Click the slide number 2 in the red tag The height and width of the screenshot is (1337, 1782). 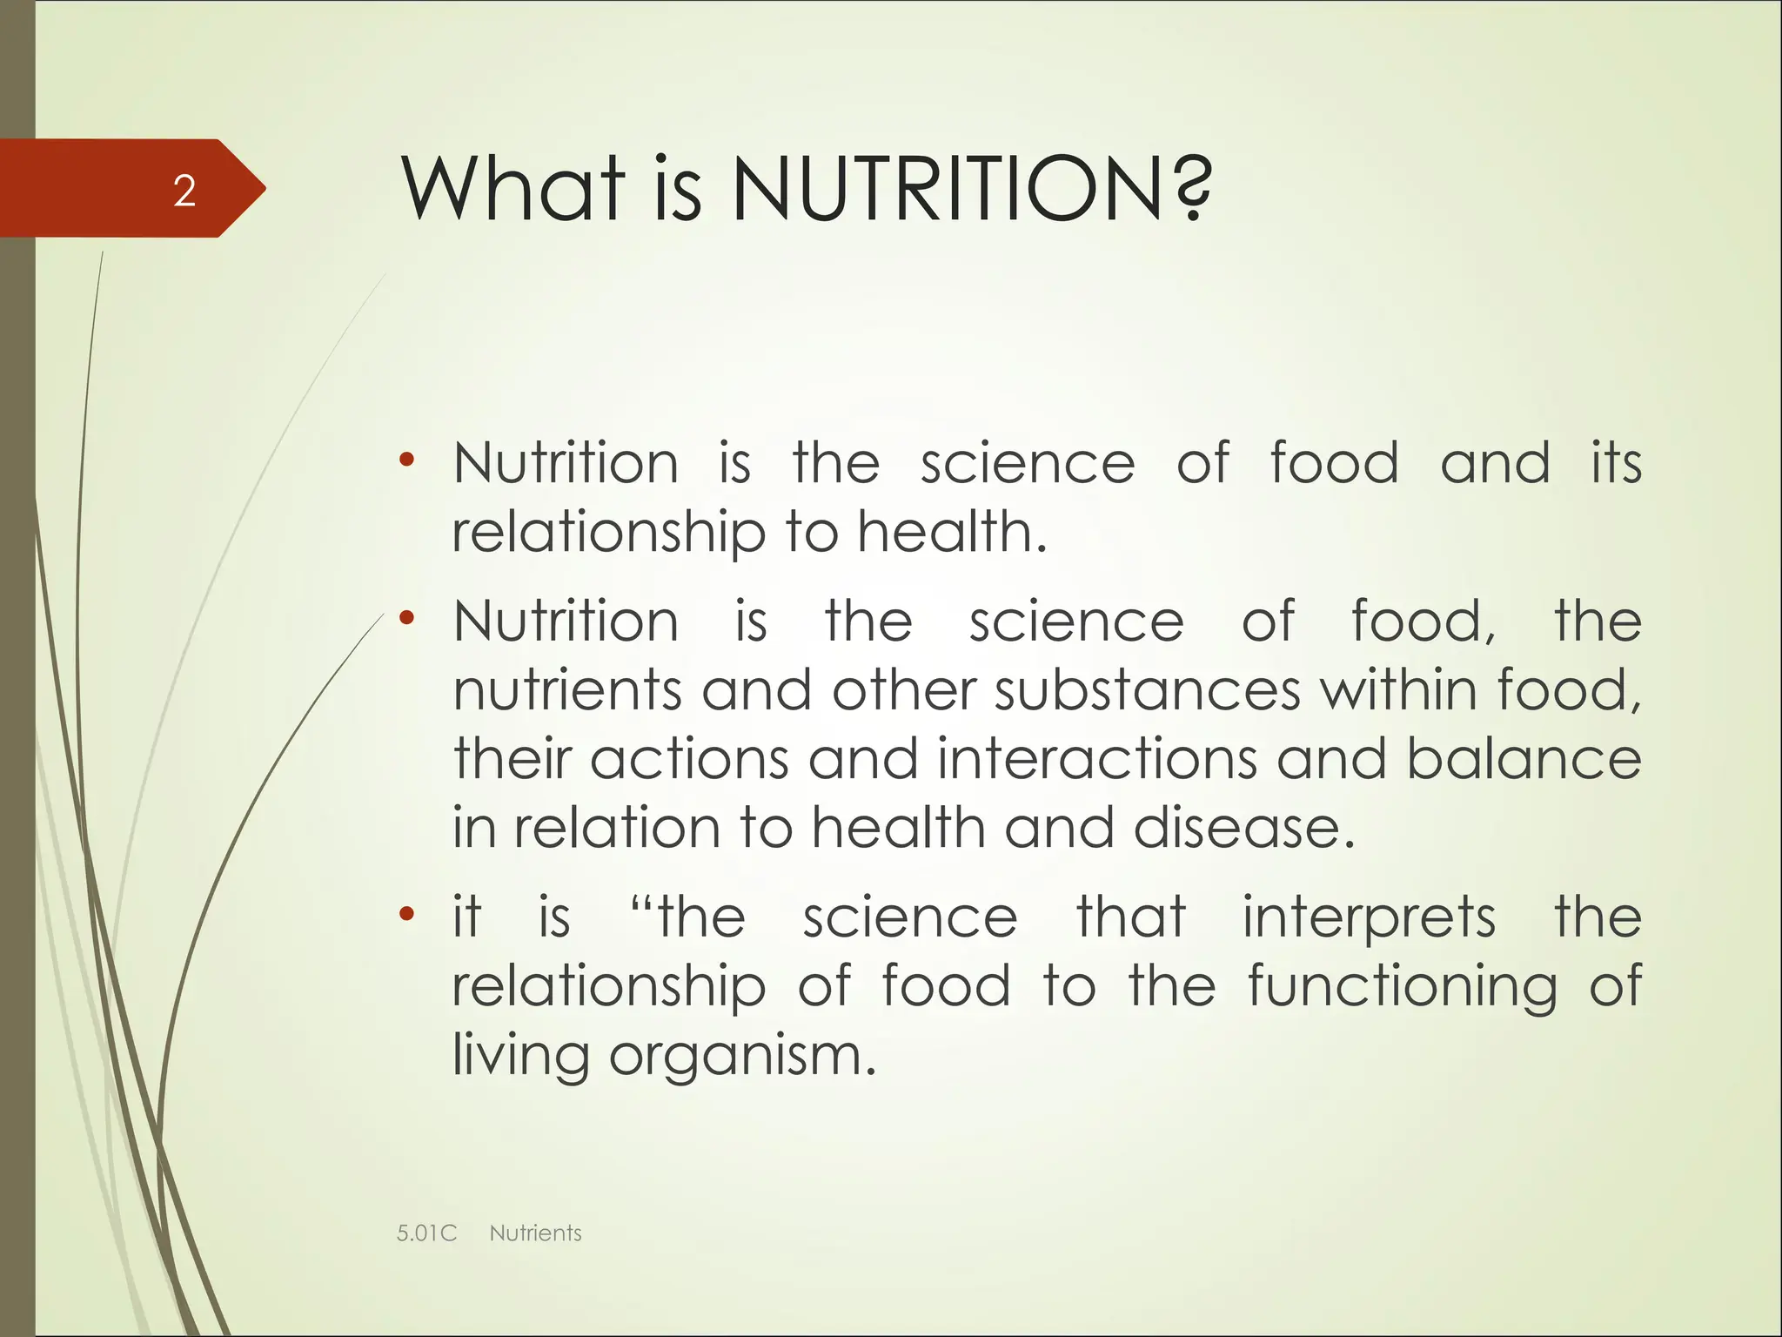184,191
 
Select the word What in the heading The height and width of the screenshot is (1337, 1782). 513,189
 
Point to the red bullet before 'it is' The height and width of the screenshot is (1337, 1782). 406,915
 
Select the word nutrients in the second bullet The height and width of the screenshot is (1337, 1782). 567,690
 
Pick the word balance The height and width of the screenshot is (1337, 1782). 1524,759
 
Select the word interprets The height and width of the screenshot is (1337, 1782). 1369,918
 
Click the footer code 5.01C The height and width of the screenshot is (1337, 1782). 426,1233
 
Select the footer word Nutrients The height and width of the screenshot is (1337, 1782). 535,1233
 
